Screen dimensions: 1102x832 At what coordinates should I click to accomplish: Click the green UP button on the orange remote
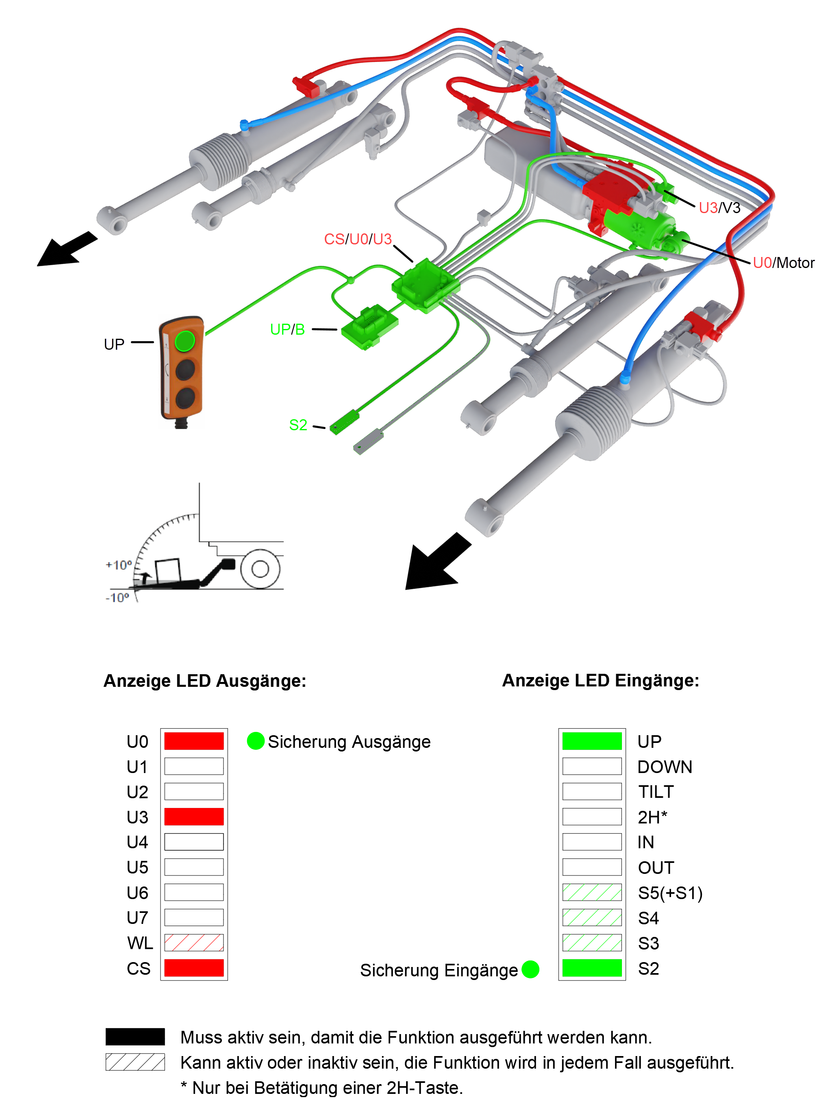pos(185,341)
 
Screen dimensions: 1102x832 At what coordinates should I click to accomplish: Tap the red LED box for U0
pos(194,741)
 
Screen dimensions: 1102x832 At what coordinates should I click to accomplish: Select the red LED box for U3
pos(194,817)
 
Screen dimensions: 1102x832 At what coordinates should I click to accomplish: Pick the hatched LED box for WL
pos(194,943)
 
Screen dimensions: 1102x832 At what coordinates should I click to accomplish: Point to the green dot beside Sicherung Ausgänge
pos(255,741)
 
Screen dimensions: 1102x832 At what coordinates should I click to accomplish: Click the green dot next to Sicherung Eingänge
pos(530,969)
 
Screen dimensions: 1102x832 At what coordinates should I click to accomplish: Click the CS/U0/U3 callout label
pos(358,239)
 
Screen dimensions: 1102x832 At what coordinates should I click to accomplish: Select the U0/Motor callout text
pos(783,263)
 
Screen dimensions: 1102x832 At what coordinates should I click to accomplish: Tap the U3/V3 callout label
pos(719,208)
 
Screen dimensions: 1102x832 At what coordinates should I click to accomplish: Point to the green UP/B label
pos(287,329)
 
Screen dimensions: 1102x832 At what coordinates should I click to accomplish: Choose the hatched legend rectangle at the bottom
pos(135,1062)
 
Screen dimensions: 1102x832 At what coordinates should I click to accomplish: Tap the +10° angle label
pos(119,565)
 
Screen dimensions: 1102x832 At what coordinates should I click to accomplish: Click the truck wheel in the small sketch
pos(260,568)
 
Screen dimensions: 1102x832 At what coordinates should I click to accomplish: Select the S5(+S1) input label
pos(670,893)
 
